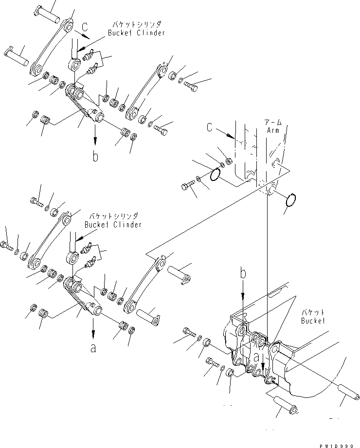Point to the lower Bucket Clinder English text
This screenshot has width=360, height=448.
[113, 225]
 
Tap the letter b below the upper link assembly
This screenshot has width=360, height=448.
[95, 156]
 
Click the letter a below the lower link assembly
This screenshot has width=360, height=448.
[93, 347]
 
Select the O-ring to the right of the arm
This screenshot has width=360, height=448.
[291, 200]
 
